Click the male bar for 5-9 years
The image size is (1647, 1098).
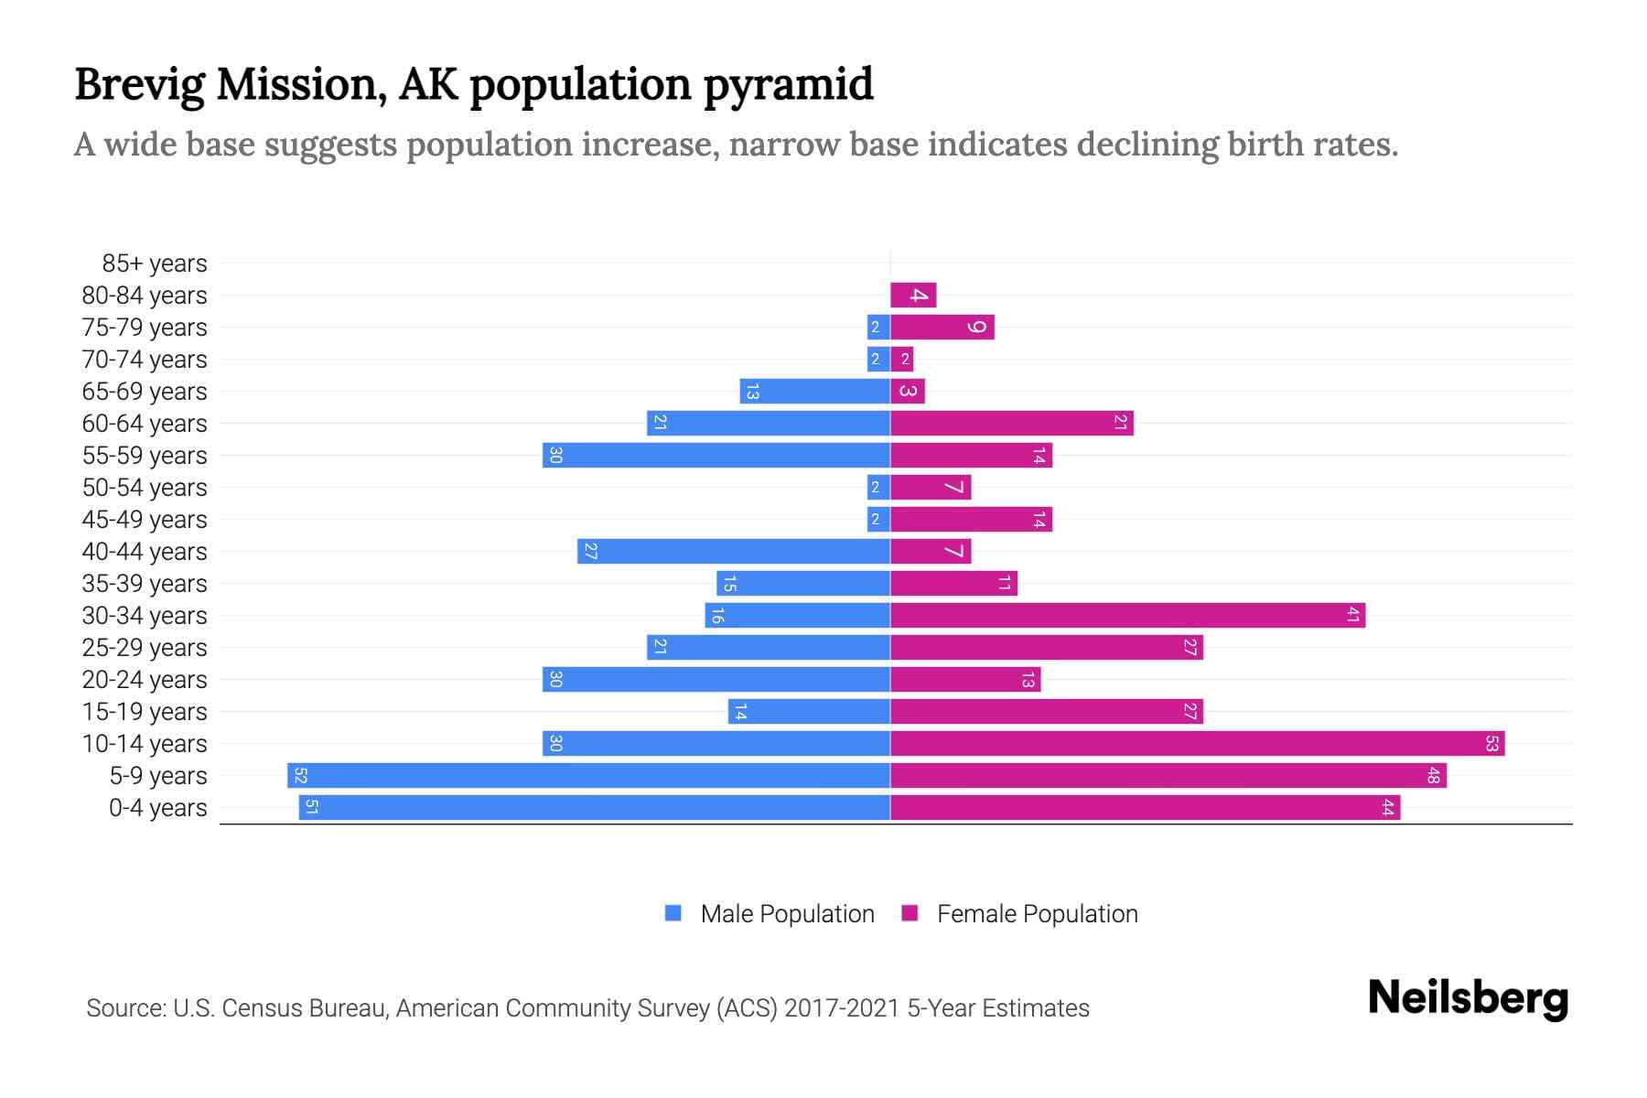click(588, 775)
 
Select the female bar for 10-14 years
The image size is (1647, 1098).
click(1197, 743)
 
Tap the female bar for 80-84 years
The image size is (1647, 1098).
click(913, 295)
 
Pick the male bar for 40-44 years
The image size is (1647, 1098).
click(734, 551)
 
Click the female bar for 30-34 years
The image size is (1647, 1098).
click(1127, 615)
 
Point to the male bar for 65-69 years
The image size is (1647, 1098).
click(814, 391)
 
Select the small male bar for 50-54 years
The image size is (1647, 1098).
click(878, 487)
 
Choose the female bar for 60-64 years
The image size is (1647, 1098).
click(1011, 423)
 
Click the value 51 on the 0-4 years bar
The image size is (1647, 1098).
click(311, 807)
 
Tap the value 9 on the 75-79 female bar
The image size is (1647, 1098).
click(977, 327)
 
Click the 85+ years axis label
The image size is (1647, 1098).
click(155, 264)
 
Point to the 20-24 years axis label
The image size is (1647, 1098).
click(145, 680)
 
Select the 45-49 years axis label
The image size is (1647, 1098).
click(145, 520)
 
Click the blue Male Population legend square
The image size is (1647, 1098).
click(673, 913)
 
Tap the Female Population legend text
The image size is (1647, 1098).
click(1037, 913)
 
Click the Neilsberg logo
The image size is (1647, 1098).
click(1468, 998)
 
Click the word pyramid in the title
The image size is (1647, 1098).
click(788, 85)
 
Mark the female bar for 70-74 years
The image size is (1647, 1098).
click(902, 359)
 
